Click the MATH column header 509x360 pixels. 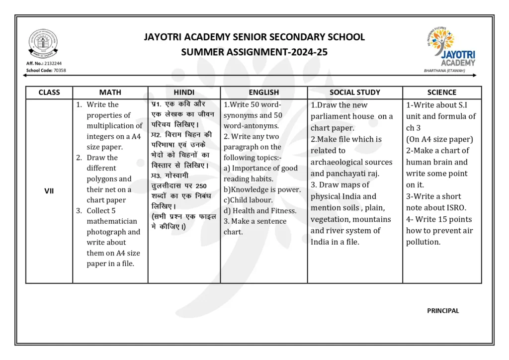(110, 92)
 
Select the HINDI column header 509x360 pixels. (184, 92)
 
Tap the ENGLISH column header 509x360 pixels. (263, 92)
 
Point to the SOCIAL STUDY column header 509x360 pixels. (354, 92)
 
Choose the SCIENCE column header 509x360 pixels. (441, 92)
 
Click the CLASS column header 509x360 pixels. (49, 92)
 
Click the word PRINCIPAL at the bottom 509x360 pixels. (443, 311)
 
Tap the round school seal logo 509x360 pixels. (42, 44)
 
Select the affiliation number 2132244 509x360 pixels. (53, 64)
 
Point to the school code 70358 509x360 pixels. (59, 71)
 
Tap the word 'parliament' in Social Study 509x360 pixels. (332, 116)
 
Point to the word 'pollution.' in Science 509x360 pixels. (423, 242)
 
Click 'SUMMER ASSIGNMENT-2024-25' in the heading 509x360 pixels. (254, 52)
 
